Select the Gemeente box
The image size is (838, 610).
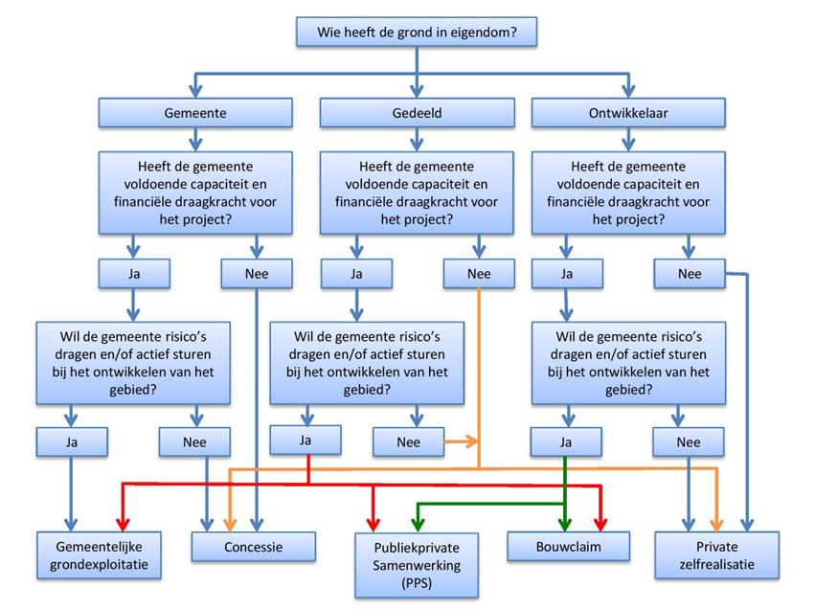(195, 112)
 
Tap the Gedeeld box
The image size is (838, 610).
(416, 112)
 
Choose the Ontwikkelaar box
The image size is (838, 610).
(627, 112)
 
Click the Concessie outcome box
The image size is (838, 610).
(253, 547)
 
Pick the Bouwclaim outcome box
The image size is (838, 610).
(569, 547)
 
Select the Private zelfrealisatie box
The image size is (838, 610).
(716, 554)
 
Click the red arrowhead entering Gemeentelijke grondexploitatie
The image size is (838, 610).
(122, 523)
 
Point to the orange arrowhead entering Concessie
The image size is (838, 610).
(230, 523)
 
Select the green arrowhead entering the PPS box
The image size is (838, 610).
(417, 524)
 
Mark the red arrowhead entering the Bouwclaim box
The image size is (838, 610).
(600, 523)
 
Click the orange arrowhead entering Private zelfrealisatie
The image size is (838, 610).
(716, 523)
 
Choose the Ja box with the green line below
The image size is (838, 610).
(565, 441)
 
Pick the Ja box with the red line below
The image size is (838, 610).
(306, 441)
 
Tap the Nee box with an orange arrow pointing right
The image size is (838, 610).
(408, 442)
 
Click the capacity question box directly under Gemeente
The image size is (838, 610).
(195, 192)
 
